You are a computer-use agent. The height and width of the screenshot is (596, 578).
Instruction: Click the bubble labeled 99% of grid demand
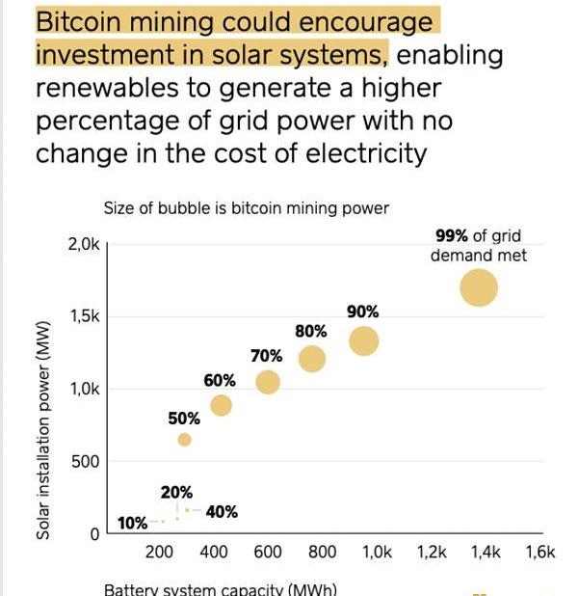pos(479,287)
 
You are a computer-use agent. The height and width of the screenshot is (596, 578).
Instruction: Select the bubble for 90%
pos(363,340)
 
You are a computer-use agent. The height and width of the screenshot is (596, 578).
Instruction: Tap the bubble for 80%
pos(312,359)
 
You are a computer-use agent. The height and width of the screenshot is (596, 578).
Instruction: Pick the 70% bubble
pos(268,382)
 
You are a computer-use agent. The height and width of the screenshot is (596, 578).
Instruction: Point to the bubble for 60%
pos(221,405)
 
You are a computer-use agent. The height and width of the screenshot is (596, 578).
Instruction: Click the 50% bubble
pos(184,440)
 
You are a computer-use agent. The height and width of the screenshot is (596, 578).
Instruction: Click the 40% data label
pos(222,512)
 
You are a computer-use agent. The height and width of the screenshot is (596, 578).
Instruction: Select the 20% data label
pos(176,493)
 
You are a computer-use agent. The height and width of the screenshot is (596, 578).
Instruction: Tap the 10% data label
pos(132,524)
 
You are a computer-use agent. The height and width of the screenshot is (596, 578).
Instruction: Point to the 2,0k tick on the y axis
pos(84,245)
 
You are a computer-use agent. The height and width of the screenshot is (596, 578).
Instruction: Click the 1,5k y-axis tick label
pos(84,317)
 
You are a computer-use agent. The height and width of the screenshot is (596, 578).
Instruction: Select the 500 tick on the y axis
pos(87,462)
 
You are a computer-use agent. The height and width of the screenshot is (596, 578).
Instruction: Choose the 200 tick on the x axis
pos(159,553)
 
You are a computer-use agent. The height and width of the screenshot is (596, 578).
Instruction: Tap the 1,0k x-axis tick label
pos(377,553)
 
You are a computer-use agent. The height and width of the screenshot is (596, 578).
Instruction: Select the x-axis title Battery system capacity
pos(220,589)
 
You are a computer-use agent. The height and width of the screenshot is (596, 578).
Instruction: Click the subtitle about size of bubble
pos(246,208)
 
